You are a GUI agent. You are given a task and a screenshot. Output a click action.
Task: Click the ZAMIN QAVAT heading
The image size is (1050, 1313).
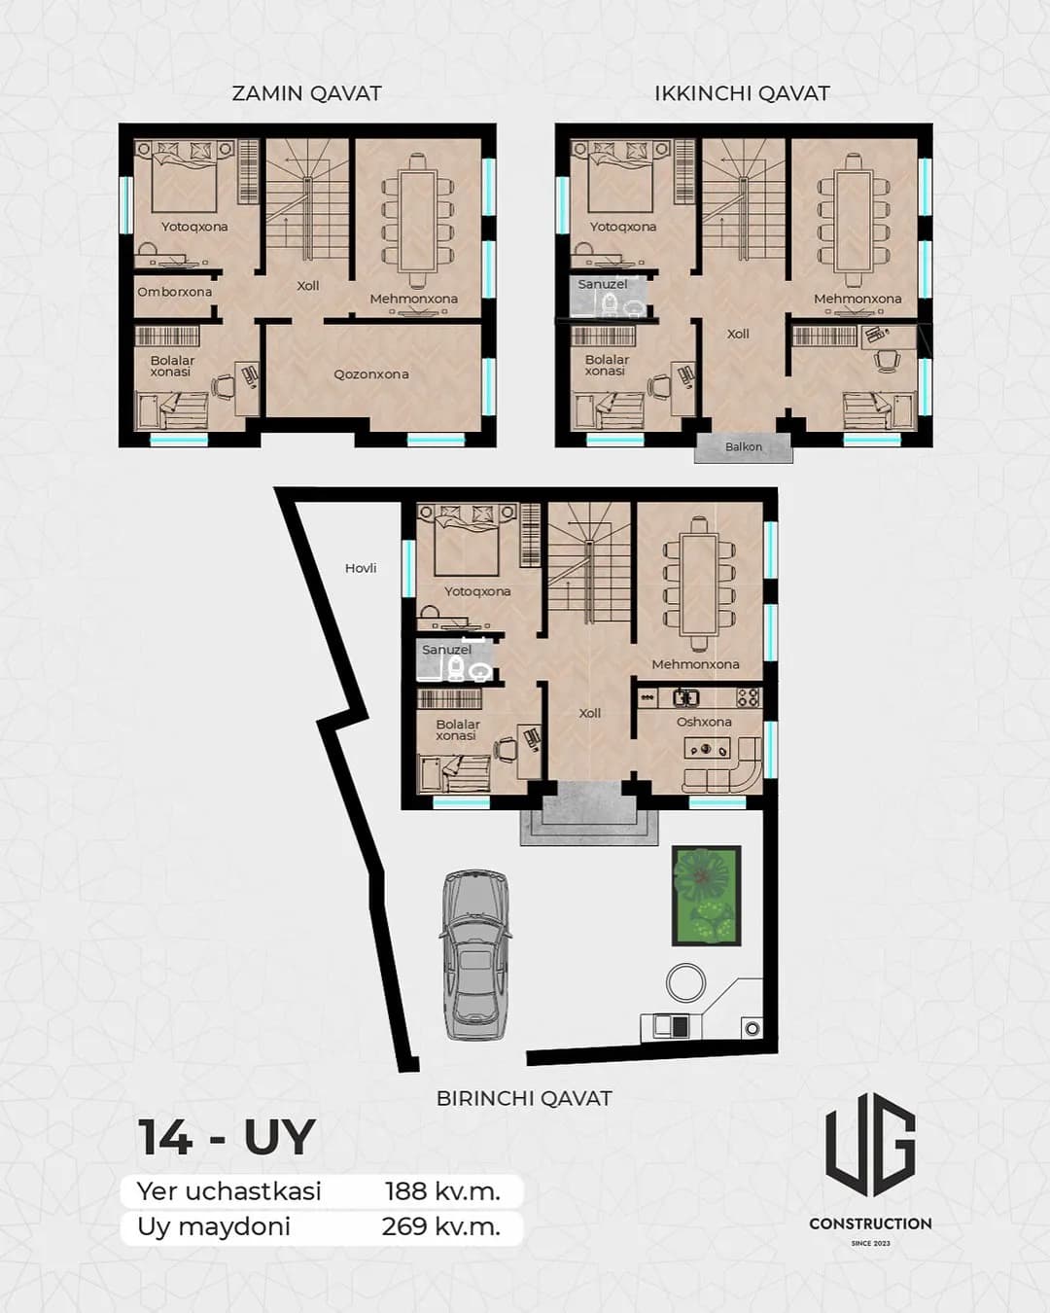[x=306, y=93]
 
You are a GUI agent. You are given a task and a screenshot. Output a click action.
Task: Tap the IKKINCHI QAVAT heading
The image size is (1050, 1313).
[x=742, y=93]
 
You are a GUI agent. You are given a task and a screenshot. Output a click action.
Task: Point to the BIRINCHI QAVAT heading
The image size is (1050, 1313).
[x=524, y=1098]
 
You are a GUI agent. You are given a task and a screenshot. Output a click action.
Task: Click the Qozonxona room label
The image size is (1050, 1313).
[x=371, y=374]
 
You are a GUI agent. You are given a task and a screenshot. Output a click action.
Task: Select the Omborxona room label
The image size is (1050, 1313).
[x=174, y=292]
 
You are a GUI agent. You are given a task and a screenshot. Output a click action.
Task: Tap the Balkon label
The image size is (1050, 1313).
[x=743, y=446]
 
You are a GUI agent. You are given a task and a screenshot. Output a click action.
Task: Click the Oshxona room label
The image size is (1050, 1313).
[x=704, y=722]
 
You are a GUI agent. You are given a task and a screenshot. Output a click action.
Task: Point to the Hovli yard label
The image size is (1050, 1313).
[x=361, y=568]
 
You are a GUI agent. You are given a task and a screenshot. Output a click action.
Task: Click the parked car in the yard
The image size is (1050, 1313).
[x=474, y=955]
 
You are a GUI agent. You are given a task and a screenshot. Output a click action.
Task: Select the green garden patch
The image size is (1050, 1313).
[x=707, y=896]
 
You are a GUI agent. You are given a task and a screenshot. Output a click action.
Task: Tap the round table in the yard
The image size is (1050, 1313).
[x=685, y=982]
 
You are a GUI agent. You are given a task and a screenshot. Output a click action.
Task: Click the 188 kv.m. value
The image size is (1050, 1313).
[x=442, y=1190]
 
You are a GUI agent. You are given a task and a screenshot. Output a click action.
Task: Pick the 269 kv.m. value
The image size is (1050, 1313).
[x=441, y=1225]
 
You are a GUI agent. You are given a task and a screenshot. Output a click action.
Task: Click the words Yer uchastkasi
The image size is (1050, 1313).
[x=228, y=1190]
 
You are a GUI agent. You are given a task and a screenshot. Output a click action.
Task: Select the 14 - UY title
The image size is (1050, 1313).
[x=227, y=1137]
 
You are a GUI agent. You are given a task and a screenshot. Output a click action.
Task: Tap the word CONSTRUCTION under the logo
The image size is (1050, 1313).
[x=870, y=1224]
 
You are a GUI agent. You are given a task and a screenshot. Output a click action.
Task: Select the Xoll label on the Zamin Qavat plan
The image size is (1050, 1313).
[x=307, y=286]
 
